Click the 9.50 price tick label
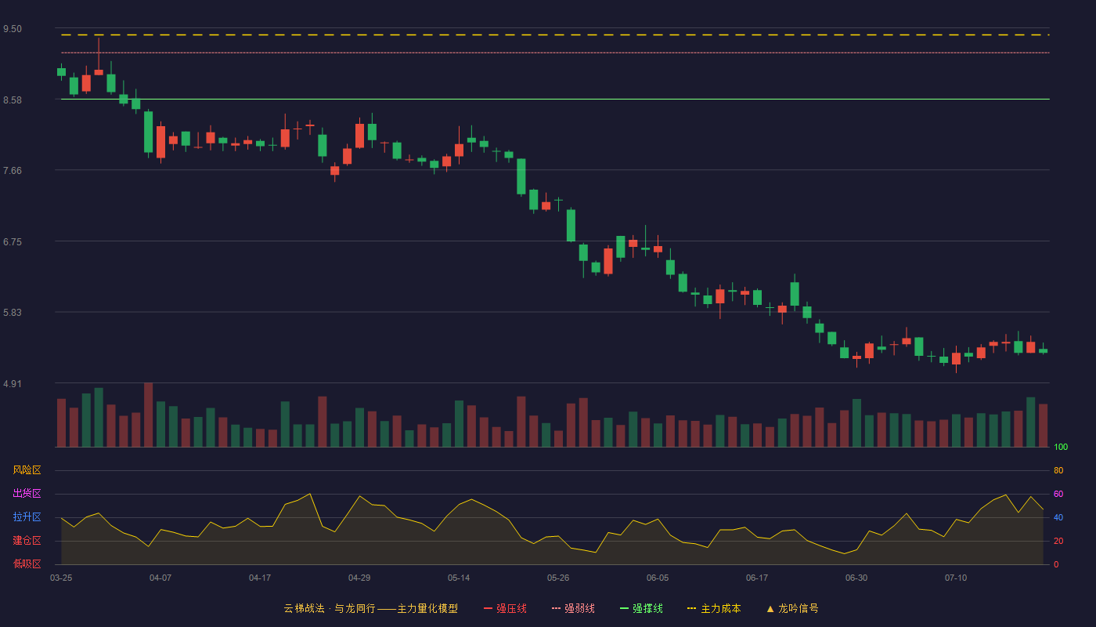(x=13, y=29)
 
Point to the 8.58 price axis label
(x=13, y=100)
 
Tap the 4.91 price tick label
(x=13, y=383)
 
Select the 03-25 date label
(x=61, y=578)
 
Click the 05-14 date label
(x=459, y=578)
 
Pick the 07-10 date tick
(x=956, y=578)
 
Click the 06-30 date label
(x=856, y=578)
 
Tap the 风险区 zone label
(x=27, y=470)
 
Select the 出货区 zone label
(x=27, y=493)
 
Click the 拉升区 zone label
(x=27, y=516)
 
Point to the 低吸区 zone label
(x=27, y=564)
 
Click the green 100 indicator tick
(x=1061, y=447)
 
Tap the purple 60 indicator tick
(x=1058, y=494)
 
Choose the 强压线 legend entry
(x=505, y=608)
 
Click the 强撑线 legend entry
(x=641, y=608)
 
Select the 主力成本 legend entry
(x=714, y=608)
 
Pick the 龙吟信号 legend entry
(x=792, y=608)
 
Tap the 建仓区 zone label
(x=27, y=540)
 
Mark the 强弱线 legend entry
(x=573, y=608)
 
